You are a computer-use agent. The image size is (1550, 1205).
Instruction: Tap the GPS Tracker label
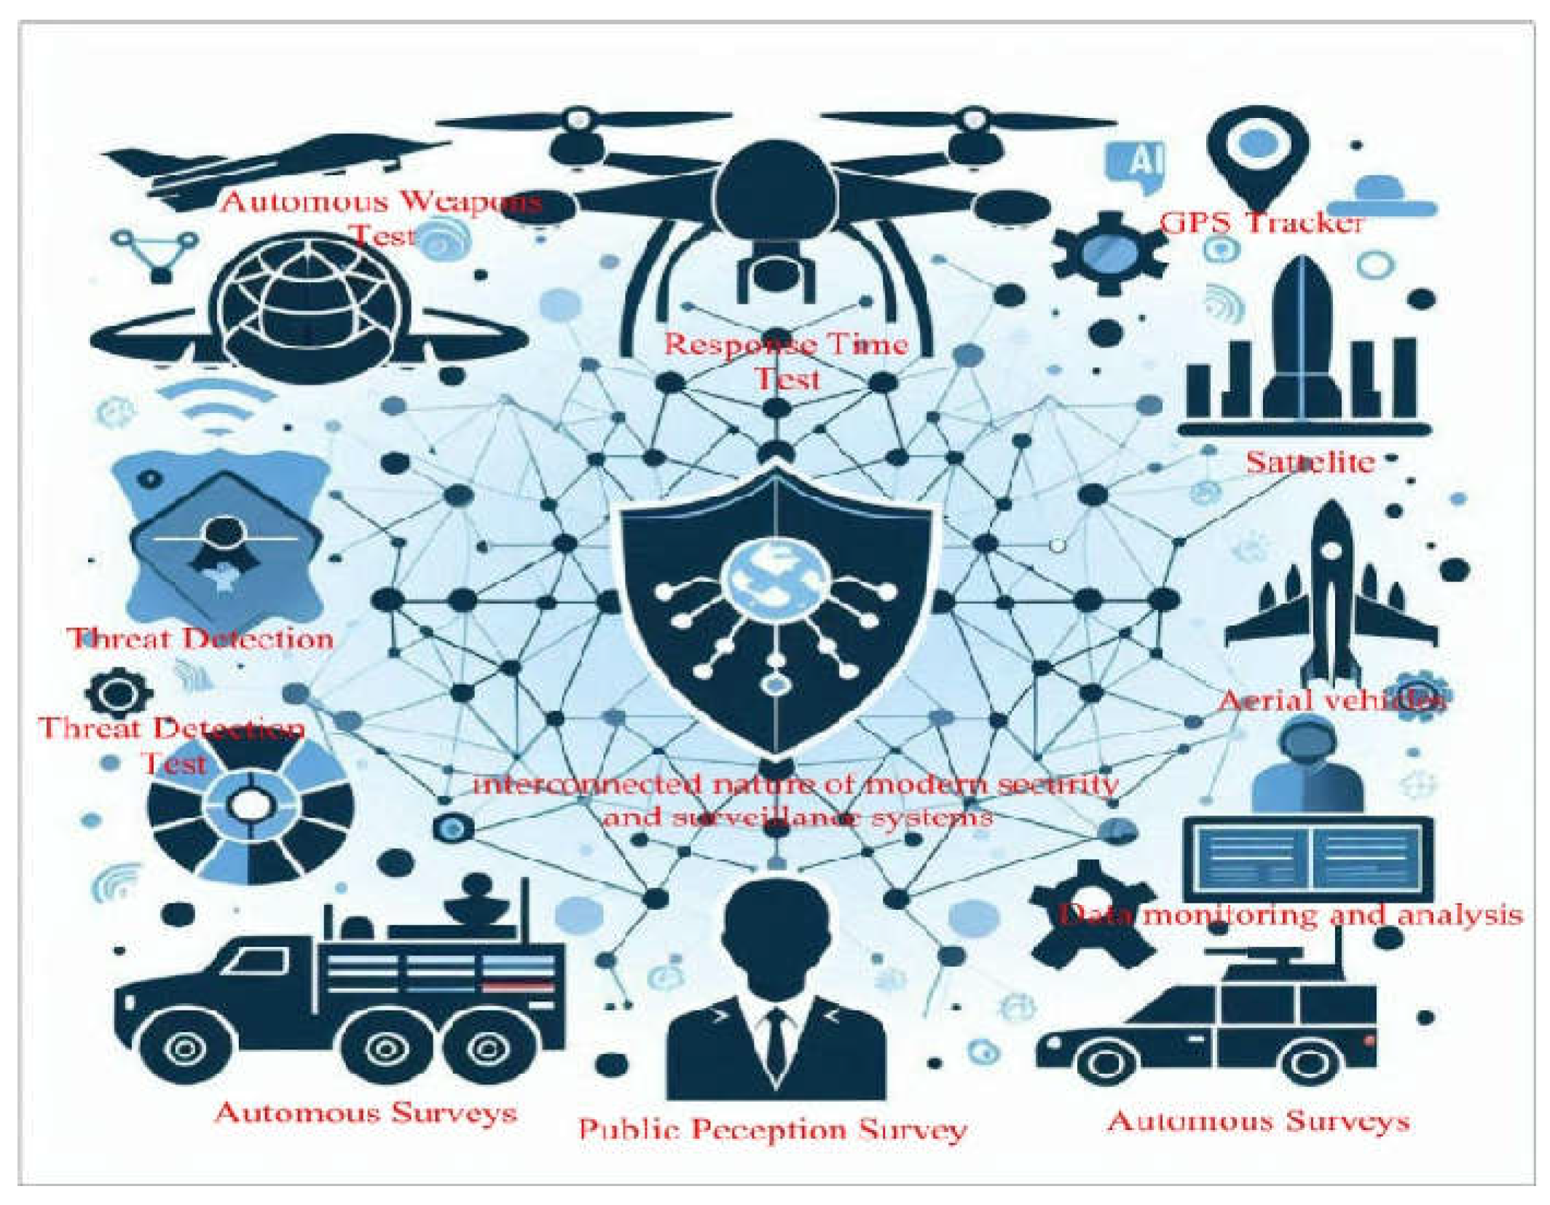tap(1261, 222)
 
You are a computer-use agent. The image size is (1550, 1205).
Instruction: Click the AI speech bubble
tap(1134, 164)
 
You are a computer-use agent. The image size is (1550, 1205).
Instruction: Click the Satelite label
tap(1310, 462)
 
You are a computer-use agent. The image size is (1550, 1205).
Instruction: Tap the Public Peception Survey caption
tap(773, 1129)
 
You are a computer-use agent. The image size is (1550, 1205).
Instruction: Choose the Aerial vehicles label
tap(1331, 700)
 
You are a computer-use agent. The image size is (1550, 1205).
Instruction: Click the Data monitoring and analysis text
tap(1289, 914)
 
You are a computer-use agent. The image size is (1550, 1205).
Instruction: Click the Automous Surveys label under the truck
tap(366, 1112)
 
